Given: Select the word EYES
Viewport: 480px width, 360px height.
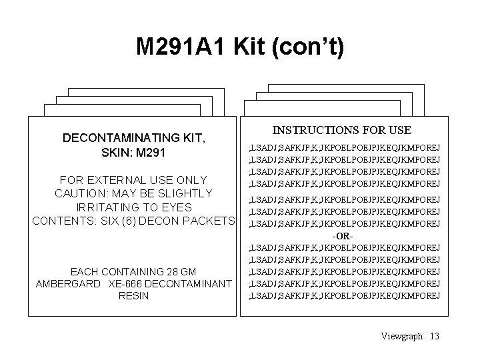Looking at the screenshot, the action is [x=177, y=207].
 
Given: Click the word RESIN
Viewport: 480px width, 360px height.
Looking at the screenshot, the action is [x=133, y=296].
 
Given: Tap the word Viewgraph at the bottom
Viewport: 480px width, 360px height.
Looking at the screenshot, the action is [x=401, y=336].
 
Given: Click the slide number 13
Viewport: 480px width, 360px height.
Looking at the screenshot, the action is [x=435, y=336].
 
